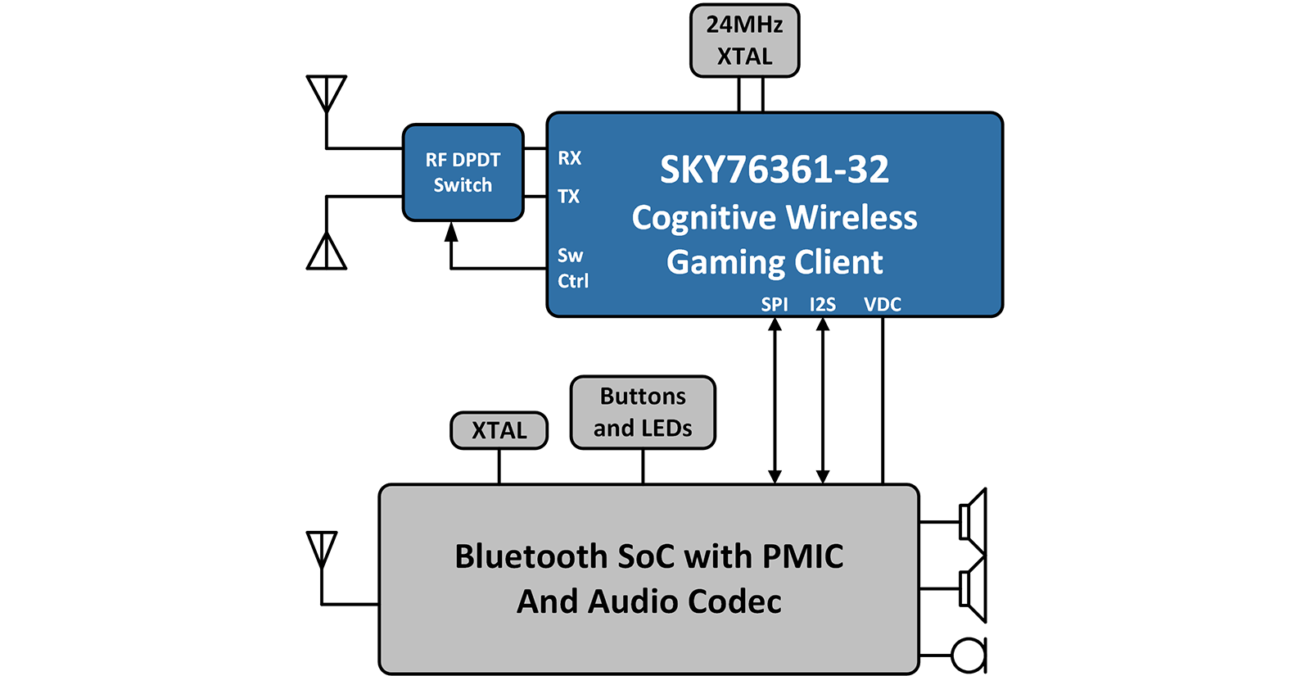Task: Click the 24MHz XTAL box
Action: (x=744, y=41)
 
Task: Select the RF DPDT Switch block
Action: (x=463, y=172)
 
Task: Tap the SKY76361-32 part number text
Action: (x=774, y=170)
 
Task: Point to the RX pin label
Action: (x=570, y=158)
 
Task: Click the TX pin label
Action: (x=569, y=197)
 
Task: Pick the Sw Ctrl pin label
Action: (x=572, y=268)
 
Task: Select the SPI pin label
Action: (x=775, y=305)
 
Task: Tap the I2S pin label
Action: (x=823, y=305)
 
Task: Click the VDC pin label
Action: (x=883, y=305)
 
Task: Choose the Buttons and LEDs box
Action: (x=643, y=412)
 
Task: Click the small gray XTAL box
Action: (x=499, y=430)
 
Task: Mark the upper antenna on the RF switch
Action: (x=327, y=93)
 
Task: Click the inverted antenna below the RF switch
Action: (x=327, y=251)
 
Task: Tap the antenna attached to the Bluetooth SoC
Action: (x=322, y=549)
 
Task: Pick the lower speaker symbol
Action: (x=973, y=589)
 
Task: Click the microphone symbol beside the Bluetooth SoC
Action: (x=969, y=655)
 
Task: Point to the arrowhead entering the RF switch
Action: (x=451, y=232)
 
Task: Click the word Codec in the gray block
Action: (x=734, y=601)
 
